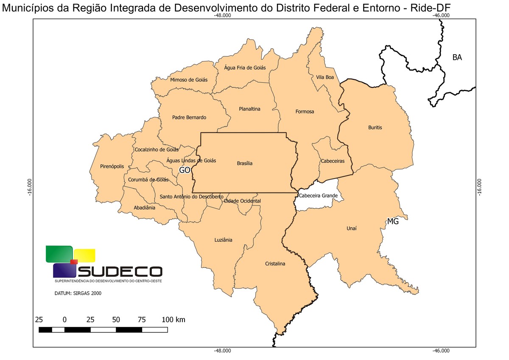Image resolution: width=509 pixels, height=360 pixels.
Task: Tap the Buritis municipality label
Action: pyautogui.click(x=375, y=127)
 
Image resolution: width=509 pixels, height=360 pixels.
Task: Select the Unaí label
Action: pyautogui.click(x=352, y=228)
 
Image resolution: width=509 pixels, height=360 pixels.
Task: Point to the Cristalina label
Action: pyautogui.click(x=275, y=263)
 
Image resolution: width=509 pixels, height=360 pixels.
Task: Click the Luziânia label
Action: pyautogui.click(x=223, y=240)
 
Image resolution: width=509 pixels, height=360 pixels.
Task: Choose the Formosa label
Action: pyautogui.click(x=305, y=112)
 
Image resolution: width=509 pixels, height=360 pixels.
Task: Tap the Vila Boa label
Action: pyautogui.click(x=325, y=77)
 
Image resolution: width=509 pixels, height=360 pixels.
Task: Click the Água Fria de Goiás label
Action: pyautogui.click(x=245, y=67)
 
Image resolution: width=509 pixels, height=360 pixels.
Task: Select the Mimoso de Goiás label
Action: pyautogui.click(x=189, y=80)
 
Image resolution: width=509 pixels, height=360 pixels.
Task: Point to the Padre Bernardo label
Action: pyautogui.click(x=189, y=117)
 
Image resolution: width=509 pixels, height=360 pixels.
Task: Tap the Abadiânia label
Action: pyautogui.click(x=144, y=208)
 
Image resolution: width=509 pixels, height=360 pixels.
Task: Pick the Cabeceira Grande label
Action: pyautogui.click(x=318, y=195)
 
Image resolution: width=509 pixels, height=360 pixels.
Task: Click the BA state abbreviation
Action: pyautogui.click(x=457, y=58)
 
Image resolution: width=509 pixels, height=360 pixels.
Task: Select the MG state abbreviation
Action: pyautogui.click(x=393, y=221)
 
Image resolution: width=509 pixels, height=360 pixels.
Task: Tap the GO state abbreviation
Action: pyautogui.click(x=185, y=170)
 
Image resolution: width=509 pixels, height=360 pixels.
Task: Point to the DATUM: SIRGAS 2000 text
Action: pyautogui.click(x=78, y=293)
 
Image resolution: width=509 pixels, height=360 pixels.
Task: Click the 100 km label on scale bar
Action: pyautogui.click(x=173, y=319)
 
